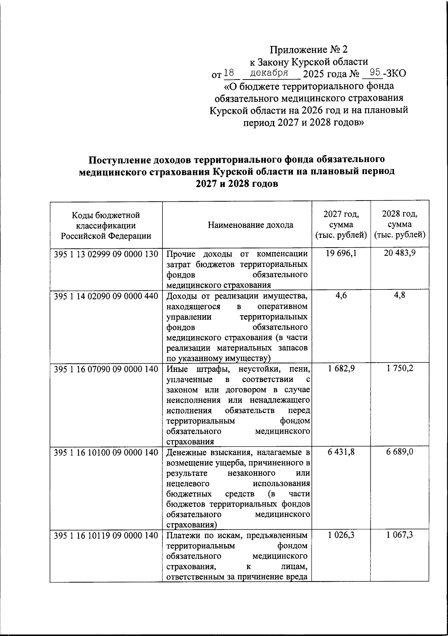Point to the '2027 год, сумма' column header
click(x=341, y=225)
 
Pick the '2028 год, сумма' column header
click(x=400, y=225)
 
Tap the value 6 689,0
click(x=400, y=452)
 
